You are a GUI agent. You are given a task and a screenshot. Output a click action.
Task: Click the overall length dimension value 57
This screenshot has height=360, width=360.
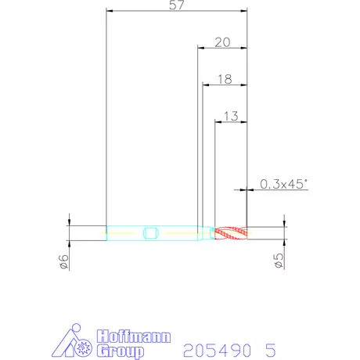click(x=177, y=5)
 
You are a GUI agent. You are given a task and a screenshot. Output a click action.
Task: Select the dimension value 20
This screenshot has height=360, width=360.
click(x=222, y=42)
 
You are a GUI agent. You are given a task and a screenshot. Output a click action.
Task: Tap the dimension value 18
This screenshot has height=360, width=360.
click(x=225, y=79)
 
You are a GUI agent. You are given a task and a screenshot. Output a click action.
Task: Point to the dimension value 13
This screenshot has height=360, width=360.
click(x=231, y=117)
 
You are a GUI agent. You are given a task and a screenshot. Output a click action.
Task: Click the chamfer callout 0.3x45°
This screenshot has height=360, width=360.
click(x=284, y=184)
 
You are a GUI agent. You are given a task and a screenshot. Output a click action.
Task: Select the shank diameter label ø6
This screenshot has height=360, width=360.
click(x=64, y=261)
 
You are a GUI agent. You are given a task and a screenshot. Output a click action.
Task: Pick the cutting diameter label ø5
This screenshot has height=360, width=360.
click(x=279, y=261)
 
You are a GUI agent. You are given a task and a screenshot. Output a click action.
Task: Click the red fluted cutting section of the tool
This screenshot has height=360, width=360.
click(x=231, y=233)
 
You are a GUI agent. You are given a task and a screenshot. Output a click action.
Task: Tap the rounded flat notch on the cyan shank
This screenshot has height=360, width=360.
click(x=151, y=233)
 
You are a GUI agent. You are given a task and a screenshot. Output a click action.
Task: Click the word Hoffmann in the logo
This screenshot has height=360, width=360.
click(x=134, y=337)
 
